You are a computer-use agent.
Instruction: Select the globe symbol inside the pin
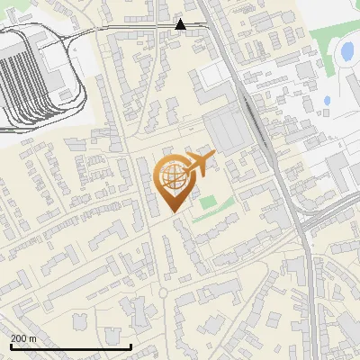173,176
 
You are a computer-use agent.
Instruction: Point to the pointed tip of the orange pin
175,211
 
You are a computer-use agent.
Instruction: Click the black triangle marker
181,24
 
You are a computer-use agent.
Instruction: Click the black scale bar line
71,346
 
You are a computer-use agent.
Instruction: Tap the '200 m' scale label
24,338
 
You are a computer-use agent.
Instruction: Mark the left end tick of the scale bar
11,346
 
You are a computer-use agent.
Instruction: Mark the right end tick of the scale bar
131,346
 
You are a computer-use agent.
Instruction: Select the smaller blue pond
328,100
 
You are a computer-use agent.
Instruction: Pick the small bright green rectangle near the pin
209,202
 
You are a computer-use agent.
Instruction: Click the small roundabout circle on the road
163,292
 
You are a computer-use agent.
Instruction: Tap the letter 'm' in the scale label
33,338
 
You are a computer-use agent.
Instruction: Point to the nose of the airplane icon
214,157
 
